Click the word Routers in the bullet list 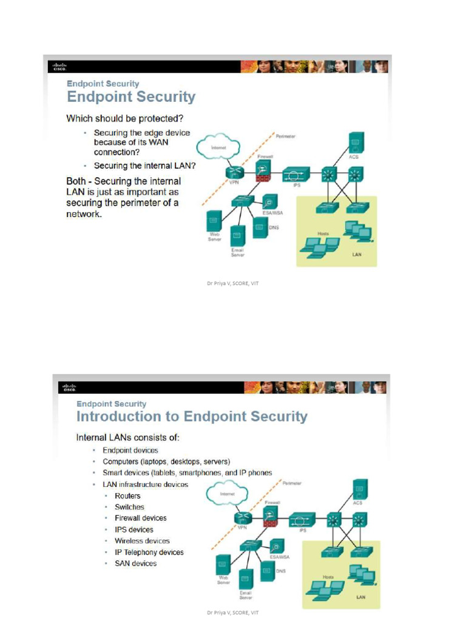pos(127,495)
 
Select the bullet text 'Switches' pos(129,507)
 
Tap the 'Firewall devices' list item pos(140,518)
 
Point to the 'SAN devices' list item pos(135,563)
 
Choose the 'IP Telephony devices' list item pos(149,552)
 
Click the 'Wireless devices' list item pos(142,540)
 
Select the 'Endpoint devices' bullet pos(130,450)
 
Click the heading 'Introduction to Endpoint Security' pos(192,417)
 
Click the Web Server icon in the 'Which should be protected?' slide pos(213,220)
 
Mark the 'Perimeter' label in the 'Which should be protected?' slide pos(286,136)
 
